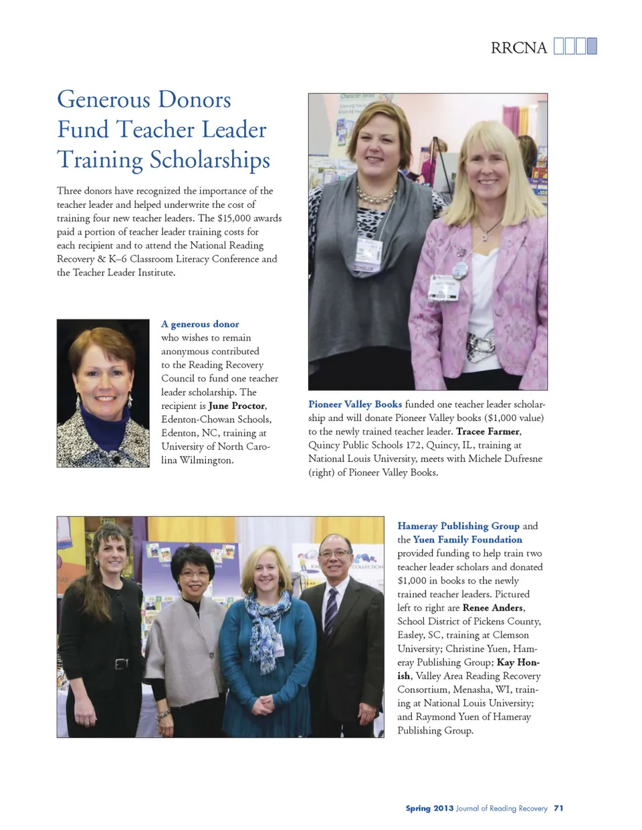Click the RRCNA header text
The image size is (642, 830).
coord(518,47)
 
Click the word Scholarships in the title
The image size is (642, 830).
coord(210,160)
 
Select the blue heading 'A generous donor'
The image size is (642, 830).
coord(200,324)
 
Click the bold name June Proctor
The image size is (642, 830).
coord(237,406)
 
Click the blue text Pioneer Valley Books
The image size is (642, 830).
coord(355,404)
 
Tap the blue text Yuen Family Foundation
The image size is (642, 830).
coord(467,539)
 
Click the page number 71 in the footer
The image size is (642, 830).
coord(558,808)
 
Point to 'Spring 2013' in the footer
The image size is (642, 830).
coord(429,808)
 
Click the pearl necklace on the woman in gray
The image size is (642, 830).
coord(376,195)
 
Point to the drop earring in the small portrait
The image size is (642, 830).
coord(130,402)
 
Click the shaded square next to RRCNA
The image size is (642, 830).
coord(591,46)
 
